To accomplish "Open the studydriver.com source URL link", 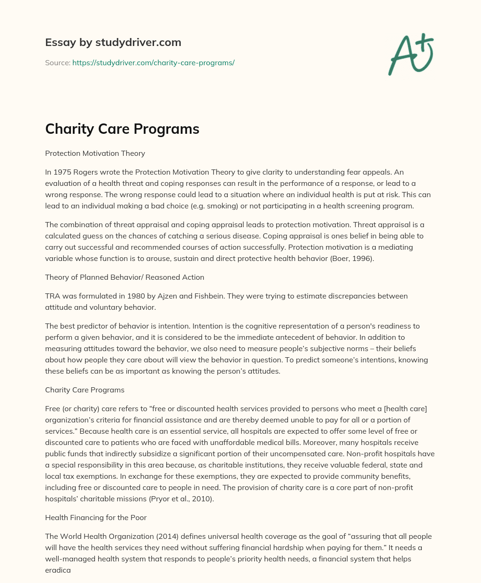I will click(x=153, y=62).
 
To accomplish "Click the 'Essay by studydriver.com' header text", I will click(x=113, y=42).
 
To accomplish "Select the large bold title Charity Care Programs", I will click(x=122, y=129).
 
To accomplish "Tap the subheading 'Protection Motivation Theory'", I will click(x=95, y=153).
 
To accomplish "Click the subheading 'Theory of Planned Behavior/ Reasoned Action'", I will click(x=124, y=277).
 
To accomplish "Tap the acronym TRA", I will click(x=53, y=296).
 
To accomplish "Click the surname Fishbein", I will click(x=191, y=296).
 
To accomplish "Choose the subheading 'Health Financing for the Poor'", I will click(x=96, y=517).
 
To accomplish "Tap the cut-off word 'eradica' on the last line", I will click(x=58, y=570).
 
